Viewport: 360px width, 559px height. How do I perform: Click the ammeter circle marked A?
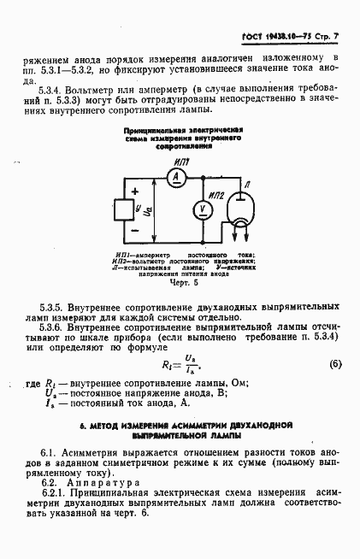pos(175,175)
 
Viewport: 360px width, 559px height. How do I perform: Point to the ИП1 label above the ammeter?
pos(180,160)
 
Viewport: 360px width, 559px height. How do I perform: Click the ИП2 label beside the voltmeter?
pos(215,195)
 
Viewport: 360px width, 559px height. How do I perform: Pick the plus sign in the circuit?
pos(134,191)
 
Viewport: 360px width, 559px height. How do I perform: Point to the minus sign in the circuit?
pos(134,228)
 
